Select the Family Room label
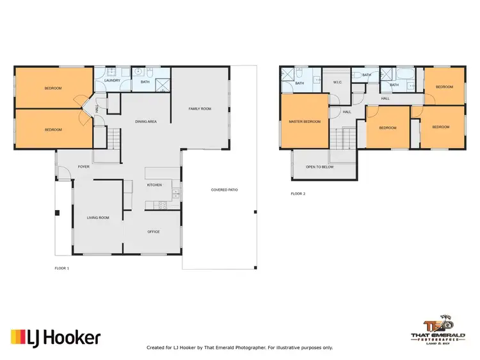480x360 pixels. coord(200,109)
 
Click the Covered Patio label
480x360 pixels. coord(225,190)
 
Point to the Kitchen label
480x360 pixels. coord(154,185)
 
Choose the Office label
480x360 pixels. coord(154,232)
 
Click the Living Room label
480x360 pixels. coord(98,218)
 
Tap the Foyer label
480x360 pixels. coord(83,167)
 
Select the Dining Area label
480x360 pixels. coord(146,122)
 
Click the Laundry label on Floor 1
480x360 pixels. coord(112,81)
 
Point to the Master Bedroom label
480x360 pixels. coord(304,122)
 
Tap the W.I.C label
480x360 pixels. coord(338,82)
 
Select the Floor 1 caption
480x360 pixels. coord(61,268)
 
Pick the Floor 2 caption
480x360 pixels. coord(298,193)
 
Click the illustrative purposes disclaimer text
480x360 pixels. coord(240,348)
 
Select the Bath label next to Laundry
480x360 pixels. coord(145,81)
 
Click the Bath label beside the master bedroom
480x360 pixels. coord(300,82)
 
